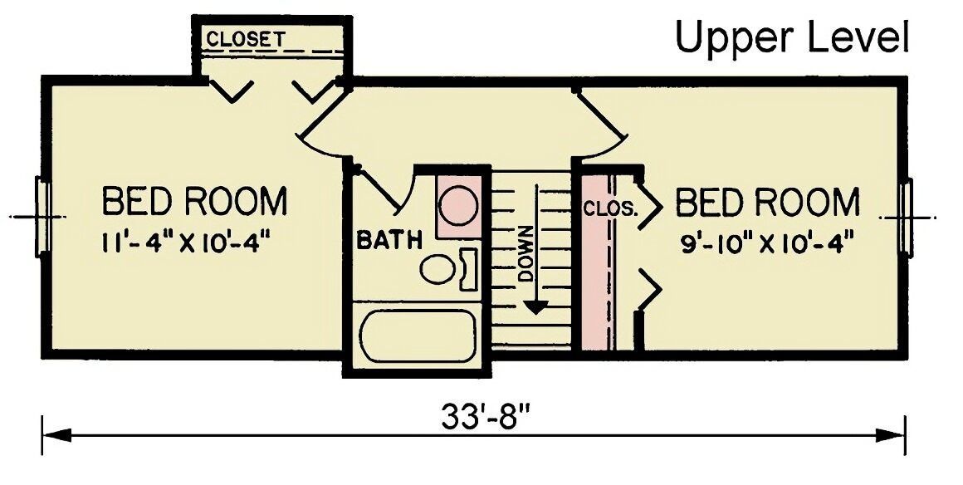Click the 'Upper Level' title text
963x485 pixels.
pos(792,38)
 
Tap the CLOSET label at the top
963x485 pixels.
pos(246,38)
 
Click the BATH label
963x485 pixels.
pos(389,240)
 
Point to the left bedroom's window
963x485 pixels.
pos(43,217)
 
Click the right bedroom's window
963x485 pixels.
pos(906,217)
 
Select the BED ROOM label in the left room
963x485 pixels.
pos(194,201)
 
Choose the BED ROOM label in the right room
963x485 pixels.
pos(767,202)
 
